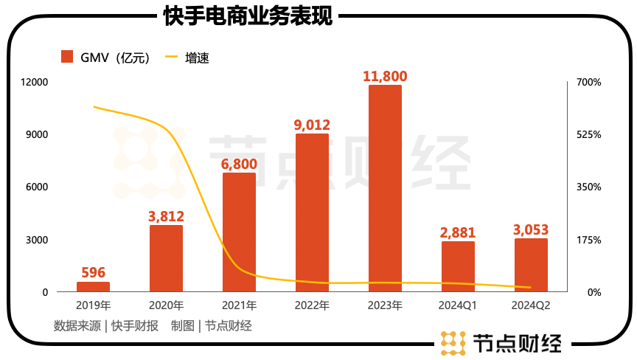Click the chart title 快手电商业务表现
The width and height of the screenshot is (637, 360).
[x=248, y=15]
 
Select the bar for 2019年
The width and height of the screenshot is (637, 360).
[x=93, y=287]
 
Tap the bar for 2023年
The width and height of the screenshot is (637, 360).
[x=385, y=188]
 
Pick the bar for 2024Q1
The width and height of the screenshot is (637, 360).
[x=458, y=266]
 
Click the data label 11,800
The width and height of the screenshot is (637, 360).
[x=385, y=75]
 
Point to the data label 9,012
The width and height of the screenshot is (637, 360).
[x=312, y=125]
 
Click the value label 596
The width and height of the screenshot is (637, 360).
[x=93, y=273]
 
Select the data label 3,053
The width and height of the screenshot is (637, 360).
[x=531, y=229]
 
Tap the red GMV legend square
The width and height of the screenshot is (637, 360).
[x=67, y=57]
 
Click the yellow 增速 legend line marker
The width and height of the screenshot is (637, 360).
[x=171, y=57]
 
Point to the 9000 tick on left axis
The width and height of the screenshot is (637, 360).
[x=36, y=134]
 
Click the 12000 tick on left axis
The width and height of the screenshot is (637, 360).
[x=34, y=82]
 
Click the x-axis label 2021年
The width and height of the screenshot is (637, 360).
[x=239, y=305]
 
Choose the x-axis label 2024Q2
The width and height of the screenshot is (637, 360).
[x=531, y=305]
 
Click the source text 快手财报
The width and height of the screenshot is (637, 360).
[x=135, y=325]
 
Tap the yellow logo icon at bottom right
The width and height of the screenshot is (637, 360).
[x=452, y=342]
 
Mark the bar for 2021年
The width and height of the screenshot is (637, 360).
[x=239, y=232]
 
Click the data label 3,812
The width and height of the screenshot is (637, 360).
[x=166, y=216]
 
